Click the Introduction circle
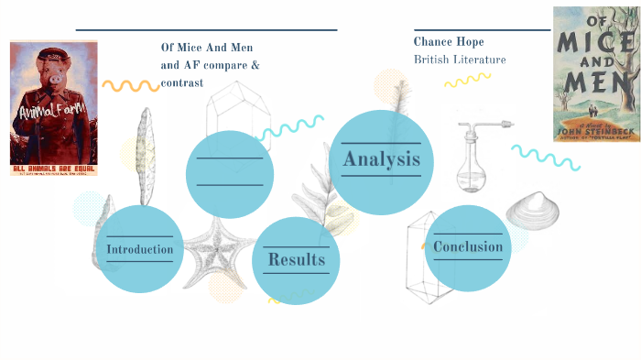140,249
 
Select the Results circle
296,260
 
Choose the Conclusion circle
468,247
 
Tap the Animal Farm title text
53,113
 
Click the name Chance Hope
449,41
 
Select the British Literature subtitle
460,60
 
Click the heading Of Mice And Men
207,48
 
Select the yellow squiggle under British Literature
468,81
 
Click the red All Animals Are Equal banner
53,167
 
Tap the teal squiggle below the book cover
546,158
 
